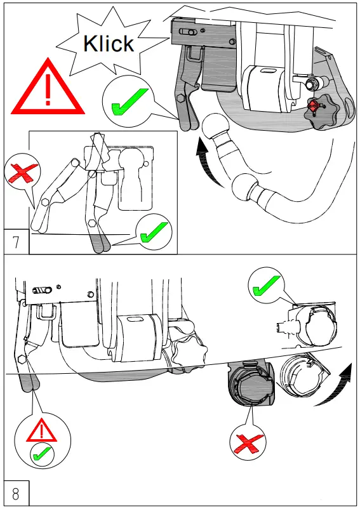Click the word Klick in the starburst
coord(109,43)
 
